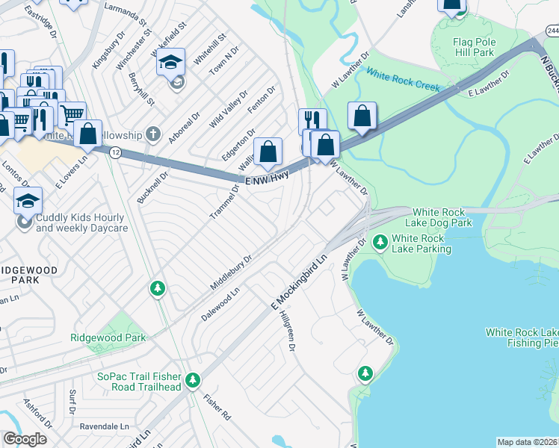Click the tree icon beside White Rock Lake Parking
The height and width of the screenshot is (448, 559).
tap(380, 242)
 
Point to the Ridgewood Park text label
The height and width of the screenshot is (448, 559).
tap(108, 337)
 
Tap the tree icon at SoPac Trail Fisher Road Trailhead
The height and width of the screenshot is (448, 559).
tap(193, 381)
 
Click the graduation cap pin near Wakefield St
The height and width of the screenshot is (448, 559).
tap(170, 63)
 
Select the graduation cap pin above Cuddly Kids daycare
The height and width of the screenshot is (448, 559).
tap(28, 200)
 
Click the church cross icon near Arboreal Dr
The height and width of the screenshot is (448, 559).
tap(153, 134)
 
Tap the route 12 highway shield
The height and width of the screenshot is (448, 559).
tap(114, 152)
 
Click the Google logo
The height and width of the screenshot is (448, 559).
tap(24, 439)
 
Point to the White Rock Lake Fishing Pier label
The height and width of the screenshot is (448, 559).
tap(521, 337)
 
